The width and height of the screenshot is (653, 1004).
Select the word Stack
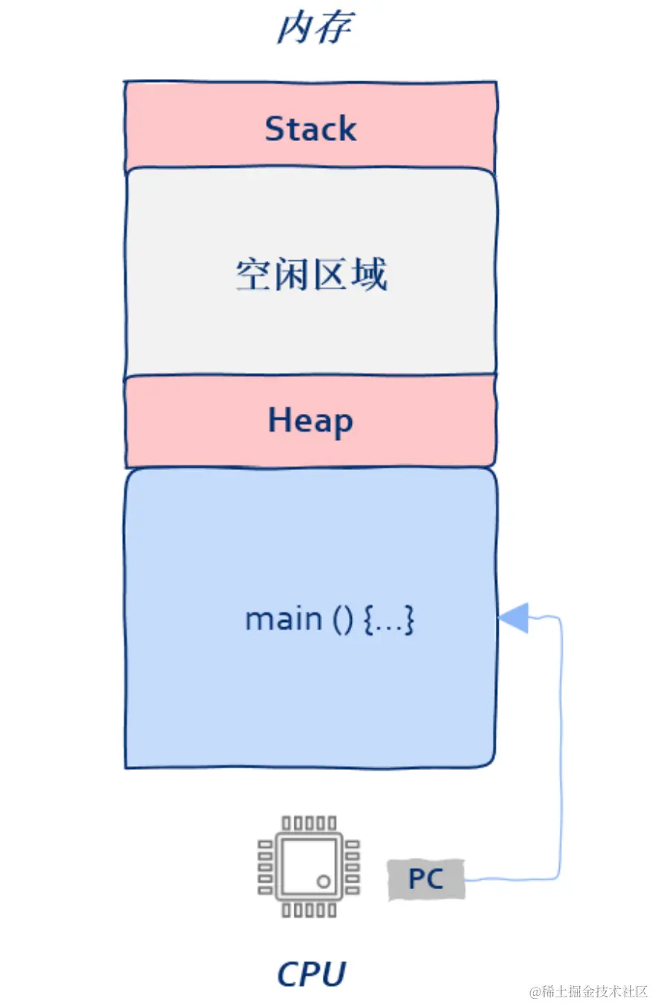point(311,128)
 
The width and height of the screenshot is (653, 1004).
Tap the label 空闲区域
point(311,275)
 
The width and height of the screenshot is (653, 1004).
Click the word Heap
point(310,421)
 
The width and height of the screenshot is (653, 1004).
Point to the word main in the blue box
point(283,619)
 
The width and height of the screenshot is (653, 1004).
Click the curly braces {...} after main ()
point(389,620)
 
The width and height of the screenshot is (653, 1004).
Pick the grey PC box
point(426,879)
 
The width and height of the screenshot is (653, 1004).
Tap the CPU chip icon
point(309,866)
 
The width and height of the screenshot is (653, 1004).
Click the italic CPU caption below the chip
point(311,973)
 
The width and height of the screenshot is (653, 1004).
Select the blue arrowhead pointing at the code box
point(514,617)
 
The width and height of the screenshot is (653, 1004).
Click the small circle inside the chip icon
point(323,881)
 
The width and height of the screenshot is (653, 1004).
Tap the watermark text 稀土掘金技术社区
point(594,991)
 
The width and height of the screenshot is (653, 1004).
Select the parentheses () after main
point(340,620)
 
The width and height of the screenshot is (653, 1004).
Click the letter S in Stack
point(275,128)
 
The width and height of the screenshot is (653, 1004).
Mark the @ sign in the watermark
point(534,992)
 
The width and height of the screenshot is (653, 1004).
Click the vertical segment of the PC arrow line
point(561,746)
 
